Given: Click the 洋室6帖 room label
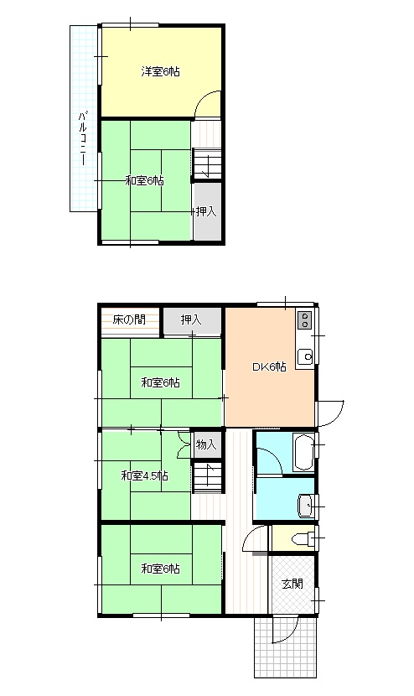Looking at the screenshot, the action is pos(160,71).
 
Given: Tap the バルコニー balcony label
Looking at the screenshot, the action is pos(82,138).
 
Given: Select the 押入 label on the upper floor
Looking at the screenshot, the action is pos(206,211).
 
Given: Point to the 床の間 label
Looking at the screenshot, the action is pos(129,319).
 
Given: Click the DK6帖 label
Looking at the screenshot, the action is pos(269,366).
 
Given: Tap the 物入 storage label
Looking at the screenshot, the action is pos(206,444).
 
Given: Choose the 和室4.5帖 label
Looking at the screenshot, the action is pos(145,475).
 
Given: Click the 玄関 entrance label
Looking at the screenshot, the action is pos(292,584).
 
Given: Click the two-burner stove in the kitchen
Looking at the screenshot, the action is pos(305,319).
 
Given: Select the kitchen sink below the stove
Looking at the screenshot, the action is pos(305,356).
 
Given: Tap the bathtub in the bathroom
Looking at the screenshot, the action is pos(304,452).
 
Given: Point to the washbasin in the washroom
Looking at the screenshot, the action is pos(306,506).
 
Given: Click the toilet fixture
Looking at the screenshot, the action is pos(303,538).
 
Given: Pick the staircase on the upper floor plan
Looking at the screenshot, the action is pos(207,164).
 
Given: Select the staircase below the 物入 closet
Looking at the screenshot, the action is pos(207,478).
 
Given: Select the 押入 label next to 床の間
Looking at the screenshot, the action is pos(191,319).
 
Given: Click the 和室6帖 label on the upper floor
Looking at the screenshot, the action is pos(145,180).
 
